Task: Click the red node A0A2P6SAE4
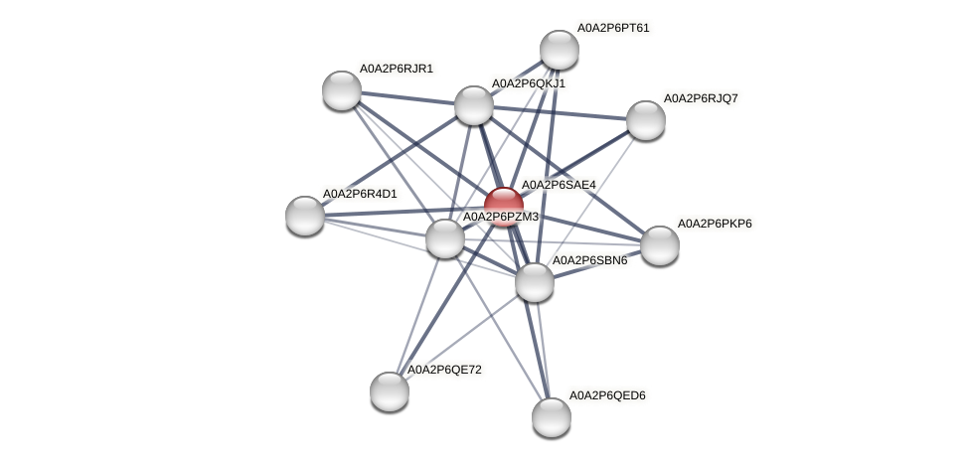(504, 206)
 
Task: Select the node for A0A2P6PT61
(560, 50)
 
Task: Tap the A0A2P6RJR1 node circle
(342, 90)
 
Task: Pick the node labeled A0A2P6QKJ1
(474, 105)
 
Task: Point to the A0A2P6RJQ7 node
(646, 120)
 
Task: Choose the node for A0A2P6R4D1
(305, 215)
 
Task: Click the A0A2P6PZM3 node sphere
(444, 238)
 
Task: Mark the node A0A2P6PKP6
(659, 245)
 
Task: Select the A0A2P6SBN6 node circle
(535, 282)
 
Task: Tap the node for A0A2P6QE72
(390, 390)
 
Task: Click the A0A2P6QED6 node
(551, 416)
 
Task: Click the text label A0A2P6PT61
(613, 28)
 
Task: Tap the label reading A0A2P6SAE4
(559, 185)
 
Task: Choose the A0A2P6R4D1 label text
(360, 194)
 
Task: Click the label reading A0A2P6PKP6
(715, 224)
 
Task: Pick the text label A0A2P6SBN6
(589, 261)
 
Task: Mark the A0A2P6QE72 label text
(444, 371)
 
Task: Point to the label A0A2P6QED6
(607, 396)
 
